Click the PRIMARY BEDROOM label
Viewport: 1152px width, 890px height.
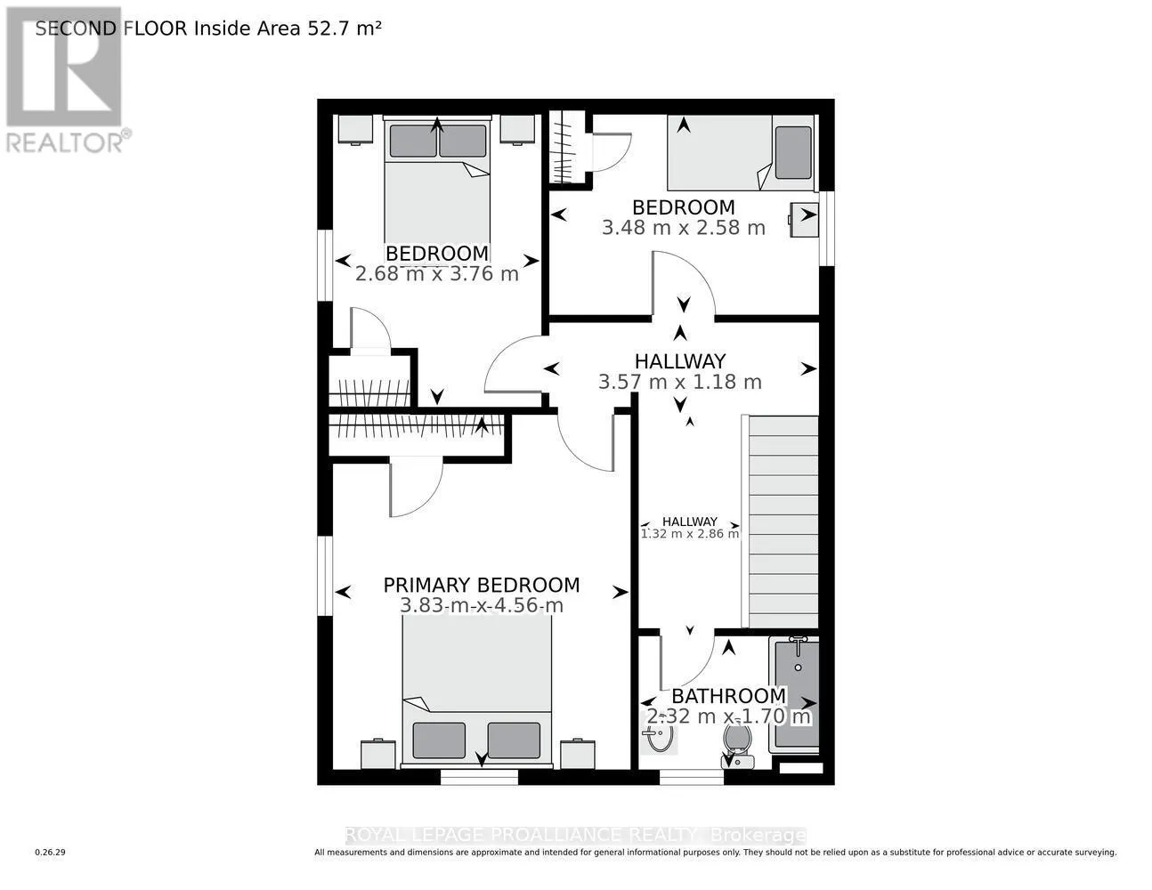click(x=482, y=586)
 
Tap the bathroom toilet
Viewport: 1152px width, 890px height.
click(x=738, y=747)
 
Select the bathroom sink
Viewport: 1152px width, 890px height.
click(x=660, y=733)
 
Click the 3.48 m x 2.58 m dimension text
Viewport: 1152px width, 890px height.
click(x=684, y=228)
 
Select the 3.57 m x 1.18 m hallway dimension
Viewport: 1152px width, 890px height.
click(x=679, y=382)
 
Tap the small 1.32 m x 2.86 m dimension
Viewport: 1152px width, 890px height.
click(x=690, y=533)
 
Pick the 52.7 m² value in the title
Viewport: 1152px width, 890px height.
click(x=345, y=28)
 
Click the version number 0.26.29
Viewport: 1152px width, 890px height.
click(x=51, y=853)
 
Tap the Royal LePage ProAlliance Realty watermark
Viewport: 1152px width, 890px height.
click(x=576, y=836)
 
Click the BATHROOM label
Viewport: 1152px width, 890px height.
click(x=729, y=696)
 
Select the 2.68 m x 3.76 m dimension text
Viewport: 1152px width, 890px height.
click(x=436, y=274)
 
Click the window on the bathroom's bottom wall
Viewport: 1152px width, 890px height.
click(x=692, y=777)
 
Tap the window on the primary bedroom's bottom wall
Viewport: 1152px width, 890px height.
click(x=479, y=777)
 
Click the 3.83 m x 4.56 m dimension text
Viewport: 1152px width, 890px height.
click(x=482, y=605)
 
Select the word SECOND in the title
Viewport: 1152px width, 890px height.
click(x=76, y=28)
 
